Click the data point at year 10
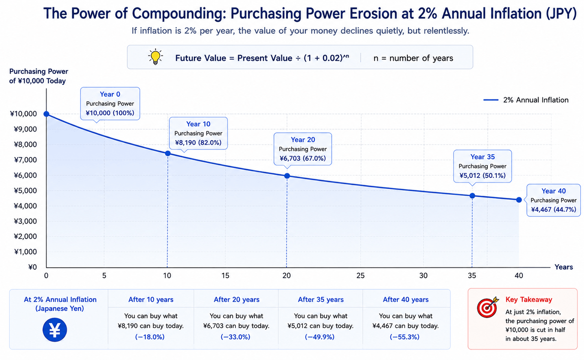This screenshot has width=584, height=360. tap(168, 154)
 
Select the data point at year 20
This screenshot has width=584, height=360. tap(287, 176)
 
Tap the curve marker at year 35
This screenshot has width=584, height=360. tap(472, 196)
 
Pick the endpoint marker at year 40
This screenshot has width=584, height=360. tap(519, 200)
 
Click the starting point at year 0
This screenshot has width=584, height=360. tap(47, 114)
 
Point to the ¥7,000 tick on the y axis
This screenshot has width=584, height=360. tap(25, 160)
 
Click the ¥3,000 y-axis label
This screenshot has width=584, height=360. tap(25, 221)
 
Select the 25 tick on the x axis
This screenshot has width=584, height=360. tap(360, 276)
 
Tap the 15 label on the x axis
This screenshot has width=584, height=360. tap(225, 276)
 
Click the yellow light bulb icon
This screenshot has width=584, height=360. tap(156, 57)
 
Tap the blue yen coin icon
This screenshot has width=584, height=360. tap(55, 330)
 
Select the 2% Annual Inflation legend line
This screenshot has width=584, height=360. tap(491, 100)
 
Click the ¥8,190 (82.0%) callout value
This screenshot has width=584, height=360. tap(198, 143)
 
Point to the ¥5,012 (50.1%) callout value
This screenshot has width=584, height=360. tap(482, 176)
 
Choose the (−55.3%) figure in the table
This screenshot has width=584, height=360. tap(405, 337)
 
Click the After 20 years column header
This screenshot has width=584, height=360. tap(236, 300)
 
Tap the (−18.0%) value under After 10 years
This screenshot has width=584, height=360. tap(150, 337)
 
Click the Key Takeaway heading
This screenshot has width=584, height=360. tap(529, 300)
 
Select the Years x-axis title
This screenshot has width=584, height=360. tap(563, 267)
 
